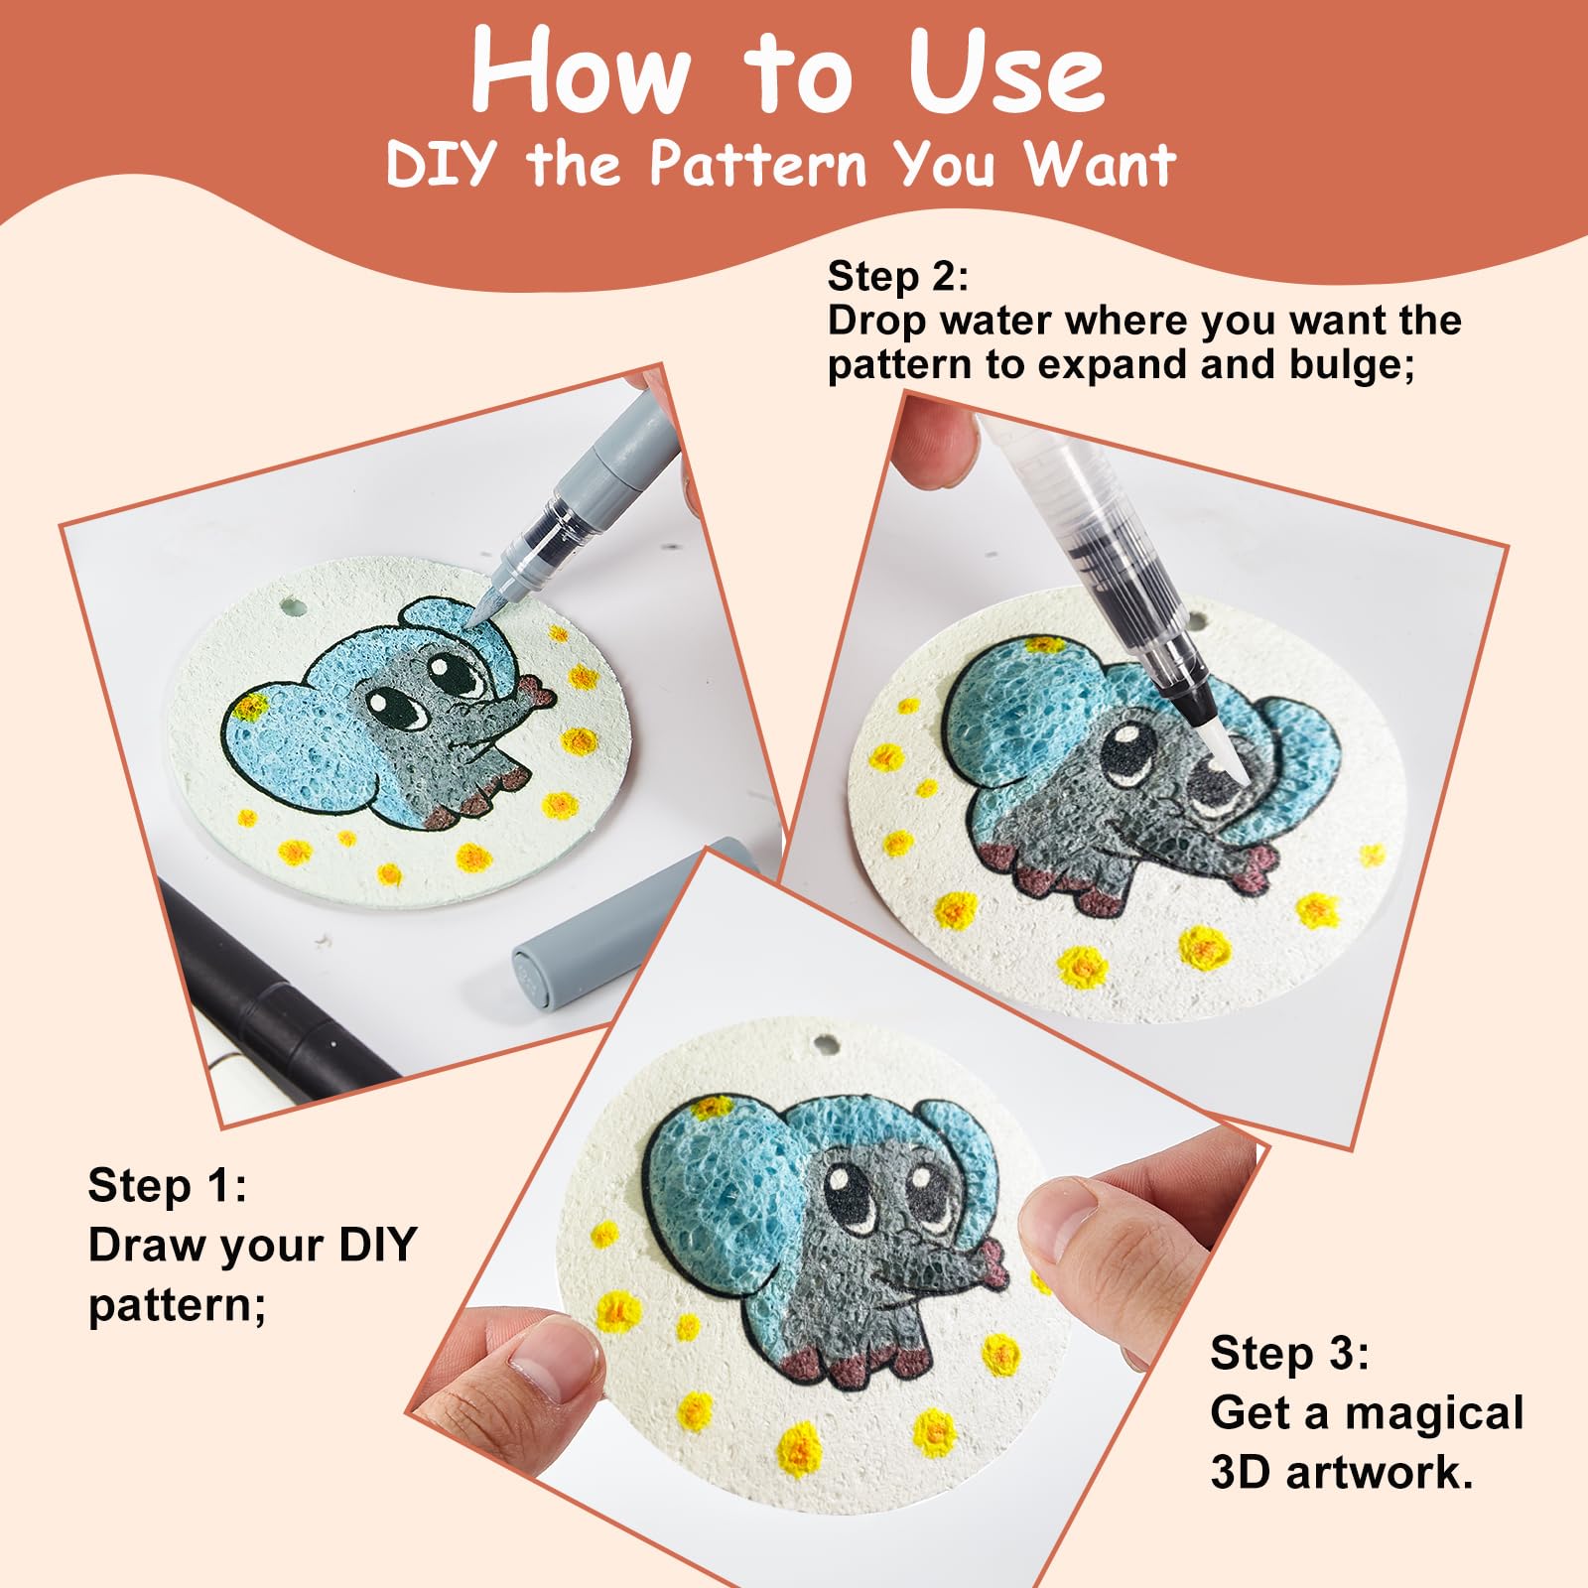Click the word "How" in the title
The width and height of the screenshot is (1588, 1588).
click(x=581, y=71)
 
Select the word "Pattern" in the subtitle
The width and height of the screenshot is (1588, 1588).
click(x=759, y=164)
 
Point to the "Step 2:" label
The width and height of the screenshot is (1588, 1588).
click(x=898, y=276)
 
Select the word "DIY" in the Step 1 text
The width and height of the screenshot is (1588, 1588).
click(x=377, y=1245)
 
